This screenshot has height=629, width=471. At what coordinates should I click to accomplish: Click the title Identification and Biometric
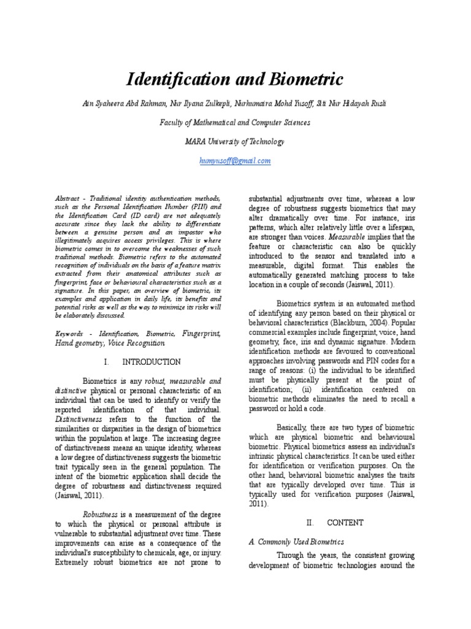(x=235, y=79)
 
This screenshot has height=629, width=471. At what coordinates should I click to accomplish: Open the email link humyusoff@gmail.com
(x=235, y=160)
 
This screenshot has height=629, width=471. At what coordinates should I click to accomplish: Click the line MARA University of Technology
(x=235, y=141)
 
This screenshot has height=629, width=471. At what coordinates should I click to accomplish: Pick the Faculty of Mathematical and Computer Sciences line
(x=235, y=122)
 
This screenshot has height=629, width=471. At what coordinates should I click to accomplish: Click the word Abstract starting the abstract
(x=67, y=200)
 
